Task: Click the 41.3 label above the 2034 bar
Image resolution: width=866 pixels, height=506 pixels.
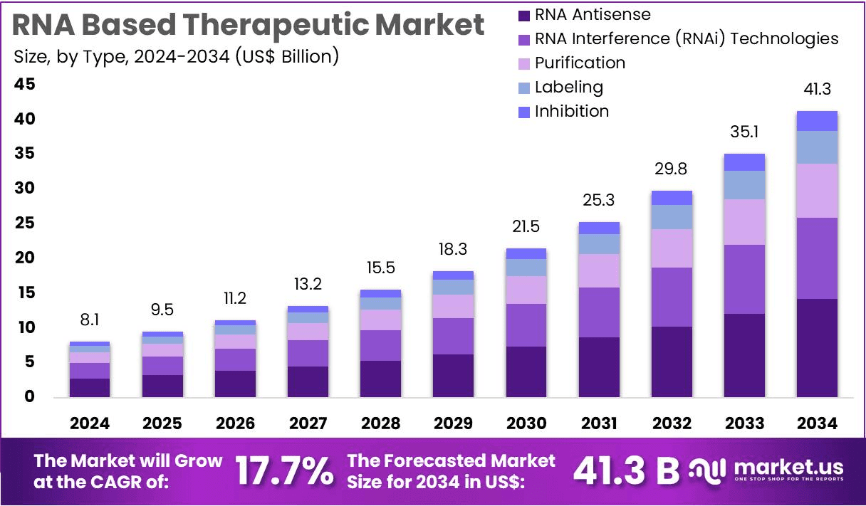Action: click(817, 90)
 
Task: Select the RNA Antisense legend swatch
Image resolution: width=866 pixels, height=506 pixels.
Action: click(524, 15)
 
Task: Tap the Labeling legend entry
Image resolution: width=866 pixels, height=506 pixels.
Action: click(568, 87)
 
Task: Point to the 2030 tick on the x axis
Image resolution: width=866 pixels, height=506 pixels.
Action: click(526, 423)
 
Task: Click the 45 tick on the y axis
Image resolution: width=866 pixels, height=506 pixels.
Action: click(25, 85)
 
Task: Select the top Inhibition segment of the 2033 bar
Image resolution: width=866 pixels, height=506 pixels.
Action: click(744, 162)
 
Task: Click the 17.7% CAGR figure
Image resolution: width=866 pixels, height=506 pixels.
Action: click(283, 470)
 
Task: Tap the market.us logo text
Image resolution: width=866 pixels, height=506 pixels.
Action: click(788, 468)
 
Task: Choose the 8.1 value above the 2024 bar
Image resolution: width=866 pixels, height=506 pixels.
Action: click(90, 321)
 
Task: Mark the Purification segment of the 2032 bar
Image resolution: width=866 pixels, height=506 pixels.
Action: click(672, 248)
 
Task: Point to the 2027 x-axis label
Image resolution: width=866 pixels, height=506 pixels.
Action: click(308, 423)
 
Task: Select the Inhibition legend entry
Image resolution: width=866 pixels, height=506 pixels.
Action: click(571, 111)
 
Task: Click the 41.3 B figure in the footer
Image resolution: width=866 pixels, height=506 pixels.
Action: click(626, 470)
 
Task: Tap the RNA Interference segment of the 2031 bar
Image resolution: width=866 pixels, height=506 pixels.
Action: click(599, 312)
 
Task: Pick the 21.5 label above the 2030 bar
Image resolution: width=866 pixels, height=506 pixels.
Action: click(526, 227)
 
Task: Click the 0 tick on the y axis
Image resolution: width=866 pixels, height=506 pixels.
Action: click(30, 396)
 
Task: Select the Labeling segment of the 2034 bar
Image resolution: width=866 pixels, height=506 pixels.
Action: click(817, 147)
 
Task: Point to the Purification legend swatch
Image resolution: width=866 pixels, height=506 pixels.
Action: click(524, 63)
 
